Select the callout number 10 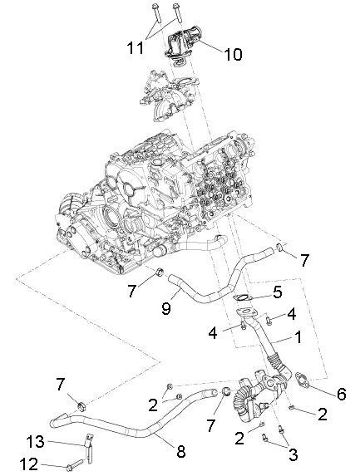click(x=233, y=55)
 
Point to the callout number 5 click(x=278, y=292)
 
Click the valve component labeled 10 click(x=185, y=44)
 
